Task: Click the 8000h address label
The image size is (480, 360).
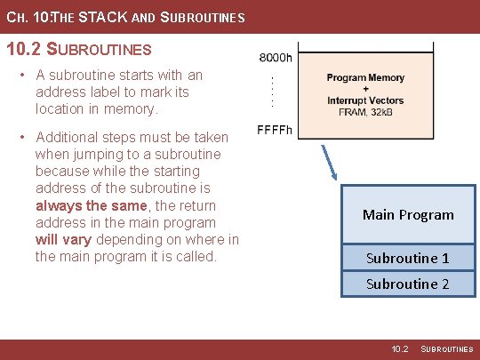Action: tap(275, 58)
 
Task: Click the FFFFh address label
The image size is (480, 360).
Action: tap(275, 130)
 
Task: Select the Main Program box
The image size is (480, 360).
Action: tap(408, 214)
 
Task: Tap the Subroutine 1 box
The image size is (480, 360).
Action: tap(408, 258)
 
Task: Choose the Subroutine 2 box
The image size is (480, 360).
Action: tap(408, 284)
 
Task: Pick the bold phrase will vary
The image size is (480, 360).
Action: tap(64, 239)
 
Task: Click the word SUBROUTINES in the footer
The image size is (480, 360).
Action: tap(447, 350)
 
